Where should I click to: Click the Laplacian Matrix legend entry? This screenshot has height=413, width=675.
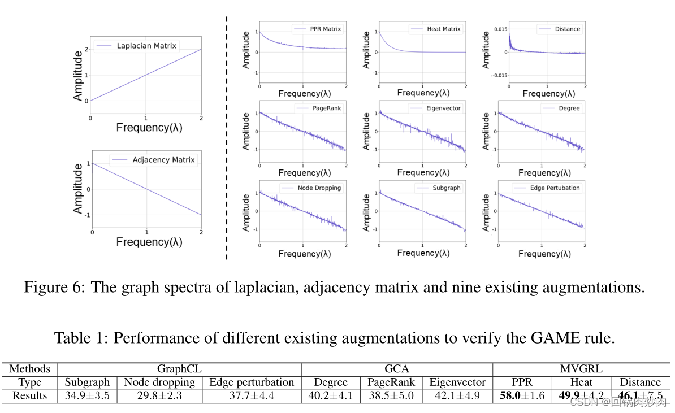pyautogui.click(x=146, y=46)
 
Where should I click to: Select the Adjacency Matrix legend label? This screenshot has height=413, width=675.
pyautogui.click(x=163, y=160)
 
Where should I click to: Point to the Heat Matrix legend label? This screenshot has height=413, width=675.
pyautogui.click(x=443, y=29)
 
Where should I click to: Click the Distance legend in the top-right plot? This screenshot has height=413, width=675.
pyautogui.click(x=567, y=29)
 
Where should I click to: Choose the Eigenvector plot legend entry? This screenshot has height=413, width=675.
pyautogui.click(x=444, y=108)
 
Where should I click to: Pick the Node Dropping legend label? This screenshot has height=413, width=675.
pyautogui.click(x=319, y=188)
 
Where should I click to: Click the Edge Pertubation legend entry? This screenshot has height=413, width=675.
pyautogui.click(x=555, y=188)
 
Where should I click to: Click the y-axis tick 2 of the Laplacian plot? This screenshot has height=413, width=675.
pyautogui.click(x=85, y=49)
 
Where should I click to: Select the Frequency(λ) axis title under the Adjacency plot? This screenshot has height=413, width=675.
pyautogui.click(x=149, y=242)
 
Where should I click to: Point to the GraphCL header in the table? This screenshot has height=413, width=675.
pyautogui.click(x=179, y=369)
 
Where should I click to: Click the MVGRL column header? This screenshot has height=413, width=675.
pyautogui.click(x=581, y=369)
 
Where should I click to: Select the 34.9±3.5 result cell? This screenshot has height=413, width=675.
pyautogui.click(x=87, y=395)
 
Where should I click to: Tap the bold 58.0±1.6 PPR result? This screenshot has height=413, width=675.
pyautogui.click(x=522, y=395)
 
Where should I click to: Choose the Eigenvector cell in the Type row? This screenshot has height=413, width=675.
pyautogui.click(x=457, y=382)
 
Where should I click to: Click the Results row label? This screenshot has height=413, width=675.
pyautogui.click(x=29, y=395)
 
